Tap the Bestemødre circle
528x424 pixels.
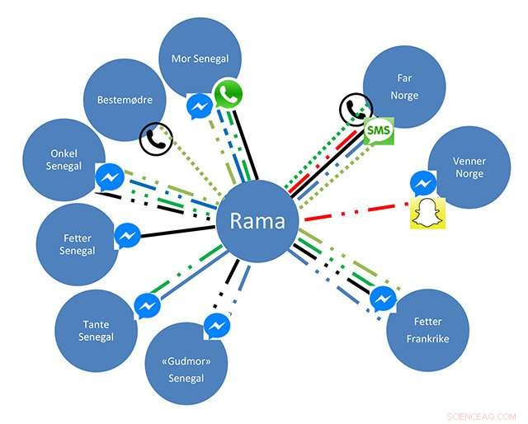click(x=125, y=101)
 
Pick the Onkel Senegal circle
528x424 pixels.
click(x=63, y=159)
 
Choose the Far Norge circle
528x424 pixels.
click(x=404, y=87)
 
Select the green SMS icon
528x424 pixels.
click(x=378, y=132)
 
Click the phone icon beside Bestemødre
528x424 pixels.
click(x=155, y=139)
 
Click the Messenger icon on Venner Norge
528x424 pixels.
click(x=423, y=182)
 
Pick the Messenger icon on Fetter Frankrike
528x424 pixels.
click(x=383, y=299)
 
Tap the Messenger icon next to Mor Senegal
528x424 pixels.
click(x=200, y=107)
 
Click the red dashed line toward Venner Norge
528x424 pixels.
click(x=355, y=210)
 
